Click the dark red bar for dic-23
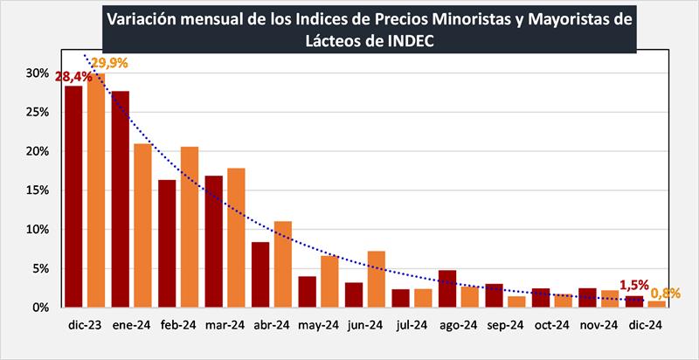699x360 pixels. tap(73, 197)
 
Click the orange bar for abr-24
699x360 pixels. tap(283, 264)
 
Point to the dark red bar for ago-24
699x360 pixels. tap(447, 288)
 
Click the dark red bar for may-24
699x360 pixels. tap(307, 292)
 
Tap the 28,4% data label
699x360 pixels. tap(73, 77)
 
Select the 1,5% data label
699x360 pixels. tap(633, 284)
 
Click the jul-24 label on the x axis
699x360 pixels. tap(412, 325)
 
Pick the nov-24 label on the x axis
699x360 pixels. tap(599, 325)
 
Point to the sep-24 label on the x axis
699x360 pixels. tap(505, 325)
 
